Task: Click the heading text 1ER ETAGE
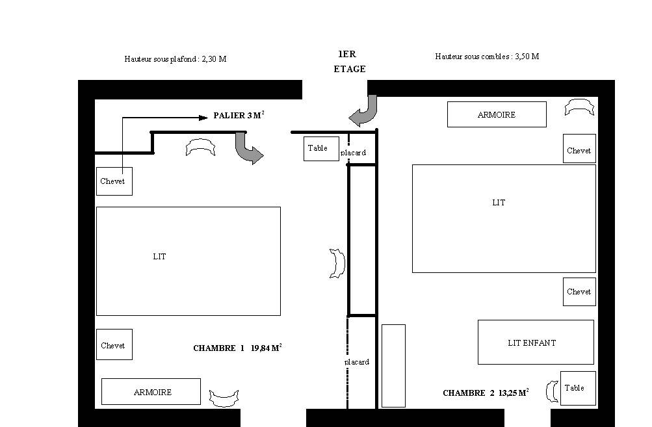pyautogui.click(x=349, y=62)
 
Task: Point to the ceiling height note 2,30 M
pyautogui.click(x=214, y=59)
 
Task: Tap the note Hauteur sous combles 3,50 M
pyautogui.click(x=487, y=57)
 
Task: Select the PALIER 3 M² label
pyautogui.click(x=239, y=115)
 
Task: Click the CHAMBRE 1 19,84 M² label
pyautogui.click(x=237, y=348)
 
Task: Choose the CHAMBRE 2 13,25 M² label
pyautogui.click(x=486, y=393)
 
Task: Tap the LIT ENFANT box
pyautogui.click(x=536, y=342)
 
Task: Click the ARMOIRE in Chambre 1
pyautogui.click(x=151, y=392)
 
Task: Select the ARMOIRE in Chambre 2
pyautogui.click(x=497, y=114)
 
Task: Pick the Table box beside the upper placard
pyautogui.click(x=321, y=149)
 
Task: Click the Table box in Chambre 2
pyautogui.click(x=578, y=389)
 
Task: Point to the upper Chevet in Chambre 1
pyautogui.click(x=114, y=181)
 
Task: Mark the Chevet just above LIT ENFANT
pyautogui.click(x=579, y=292)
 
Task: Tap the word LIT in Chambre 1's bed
pyautogui.click(x=160, y=257)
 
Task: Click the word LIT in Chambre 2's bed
pyautogui.click(x=499, y=203)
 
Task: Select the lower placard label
pyautogui.click(x=357, y=362)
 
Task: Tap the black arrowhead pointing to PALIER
pyautogui.click(x=203, y=118)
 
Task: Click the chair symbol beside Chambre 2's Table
pyautogui.click(x=552, y=392)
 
